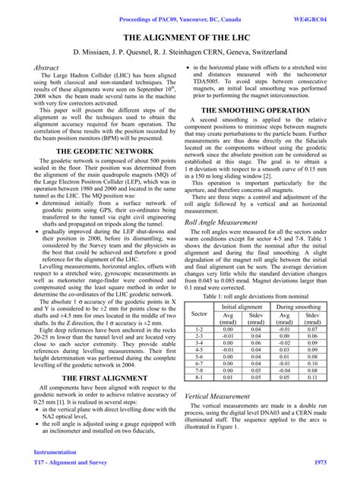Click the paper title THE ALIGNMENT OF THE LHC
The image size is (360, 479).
(x=179, y=36)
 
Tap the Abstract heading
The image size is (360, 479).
(x=48, y=68)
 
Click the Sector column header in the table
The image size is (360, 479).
(x=199, y=314)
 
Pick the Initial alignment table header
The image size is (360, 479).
(x=242, y=305)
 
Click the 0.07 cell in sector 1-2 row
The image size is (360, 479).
(x=312, y=328)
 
